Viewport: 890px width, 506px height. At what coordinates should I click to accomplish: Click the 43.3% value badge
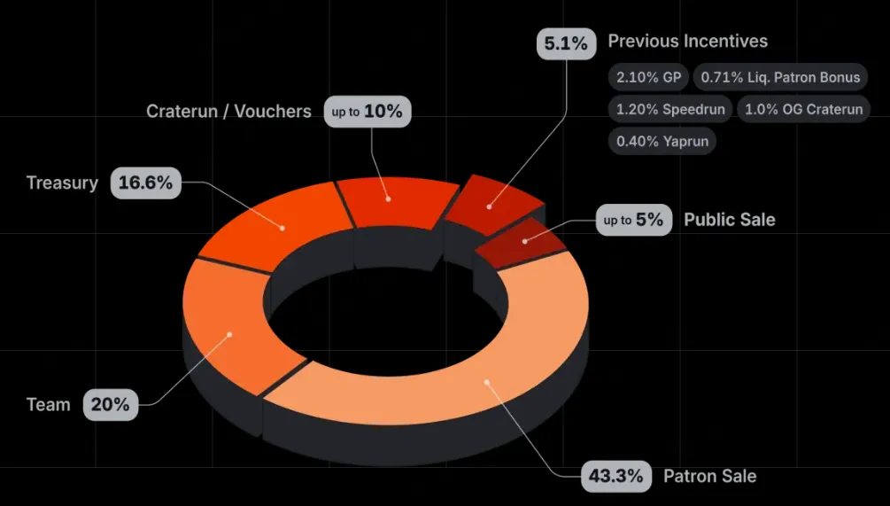pyautogui.click(x=616, y=476)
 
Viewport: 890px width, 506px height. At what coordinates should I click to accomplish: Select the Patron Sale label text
pyautogui.click(x=709, y=476)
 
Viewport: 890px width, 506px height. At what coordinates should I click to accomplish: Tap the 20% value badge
pyautogui.click(x=111, y=405)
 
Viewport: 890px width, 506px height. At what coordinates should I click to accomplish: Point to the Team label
pyautogui.click(x=48, y=405)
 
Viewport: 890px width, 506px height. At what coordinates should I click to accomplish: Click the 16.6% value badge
pyautogui.click(x=146, y=183)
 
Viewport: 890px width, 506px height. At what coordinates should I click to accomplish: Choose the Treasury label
pyautogui.click(x=62, y=183)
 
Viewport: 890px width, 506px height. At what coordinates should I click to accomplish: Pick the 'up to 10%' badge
pyautogui.click(x=368, y=112)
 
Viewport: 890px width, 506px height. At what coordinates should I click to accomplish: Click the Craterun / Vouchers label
pyautogui.click(x=228, y=112)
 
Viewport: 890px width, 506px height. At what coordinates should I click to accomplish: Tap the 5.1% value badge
pyautogui.click(x=566, y=43)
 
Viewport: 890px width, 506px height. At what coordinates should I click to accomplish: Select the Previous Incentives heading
pyautogui.click(x=687, y=42)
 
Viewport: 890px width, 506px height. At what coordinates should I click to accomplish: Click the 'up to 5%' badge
pyautogui.click(x=633, y=220)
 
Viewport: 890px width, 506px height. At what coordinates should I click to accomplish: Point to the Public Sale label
pyautogui.click(x=729, y=220)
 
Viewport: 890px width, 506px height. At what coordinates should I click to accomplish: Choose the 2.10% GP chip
pyautogui.click(x=648, y=78)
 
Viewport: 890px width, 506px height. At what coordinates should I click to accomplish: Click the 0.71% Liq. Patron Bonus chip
pyautogui.click(x=780, y=78)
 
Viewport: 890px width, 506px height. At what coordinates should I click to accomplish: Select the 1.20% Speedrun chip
pyautogui.click(x=669, y=110)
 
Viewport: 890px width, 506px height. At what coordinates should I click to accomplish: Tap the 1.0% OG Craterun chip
pyautogui.click(x=803, y=110)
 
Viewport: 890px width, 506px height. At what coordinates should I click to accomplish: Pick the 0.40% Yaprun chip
pyautogui.click(x=661, y=141)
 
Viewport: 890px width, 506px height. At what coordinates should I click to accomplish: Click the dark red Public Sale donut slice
pyautogui.click(x=522, y=239)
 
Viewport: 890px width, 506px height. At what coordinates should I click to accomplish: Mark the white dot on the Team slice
pyautogui.click(x=229, y=334)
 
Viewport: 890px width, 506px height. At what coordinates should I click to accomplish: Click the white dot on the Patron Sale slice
pyautogui.click(x=486, y=382)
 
